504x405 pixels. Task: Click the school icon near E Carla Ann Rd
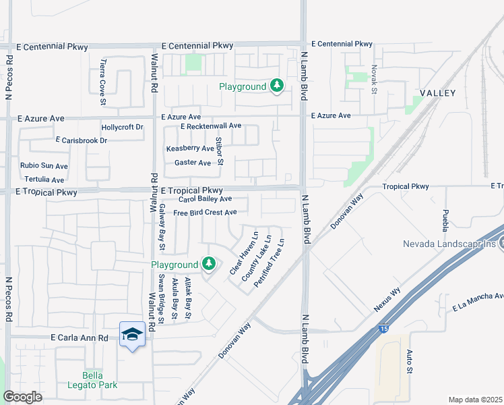(x=132, y=334)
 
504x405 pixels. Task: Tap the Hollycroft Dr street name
(x=122, y=127)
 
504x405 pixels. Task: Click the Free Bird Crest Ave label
(x=205, y=213)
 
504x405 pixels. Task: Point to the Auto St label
(x=409, y=361)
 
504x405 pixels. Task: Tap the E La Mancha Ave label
(x=478, y=302)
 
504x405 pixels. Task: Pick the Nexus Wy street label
(x=387, y=300)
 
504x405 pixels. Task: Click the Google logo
(x=22, y=397)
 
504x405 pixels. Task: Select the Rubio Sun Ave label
(x=44, y=166)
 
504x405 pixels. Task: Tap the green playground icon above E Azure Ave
(x=276, y=86)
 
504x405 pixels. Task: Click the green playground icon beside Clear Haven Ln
(x=209, y=263)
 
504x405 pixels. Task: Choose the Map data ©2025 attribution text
(x=474, y=400)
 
